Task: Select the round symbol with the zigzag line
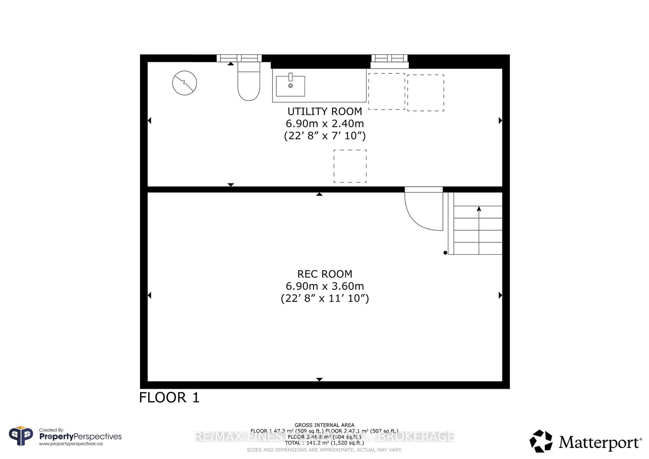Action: point(185,83)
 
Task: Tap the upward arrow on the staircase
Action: point(479,209)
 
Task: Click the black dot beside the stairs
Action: point(445,253)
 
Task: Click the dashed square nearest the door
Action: point(350,166)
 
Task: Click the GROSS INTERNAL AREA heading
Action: point(324,425)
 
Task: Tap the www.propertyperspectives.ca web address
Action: point(71,444)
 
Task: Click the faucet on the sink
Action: point(290,77)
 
